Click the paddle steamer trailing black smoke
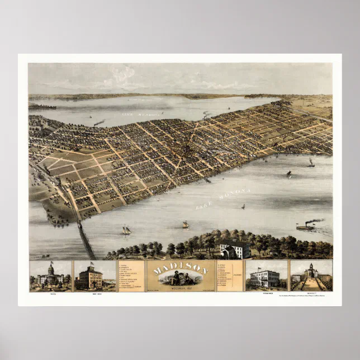click(305, 227)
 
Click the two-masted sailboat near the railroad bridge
click(126, 230)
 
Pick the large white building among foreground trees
click(235, 249)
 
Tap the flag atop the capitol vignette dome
click(51, 263)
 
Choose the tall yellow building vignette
click(90, 277)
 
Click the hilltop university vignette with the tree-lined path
click(310, 277)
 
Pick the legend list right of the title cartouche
click(229, 275)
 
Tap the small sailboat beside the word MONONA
click(243, 207)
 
